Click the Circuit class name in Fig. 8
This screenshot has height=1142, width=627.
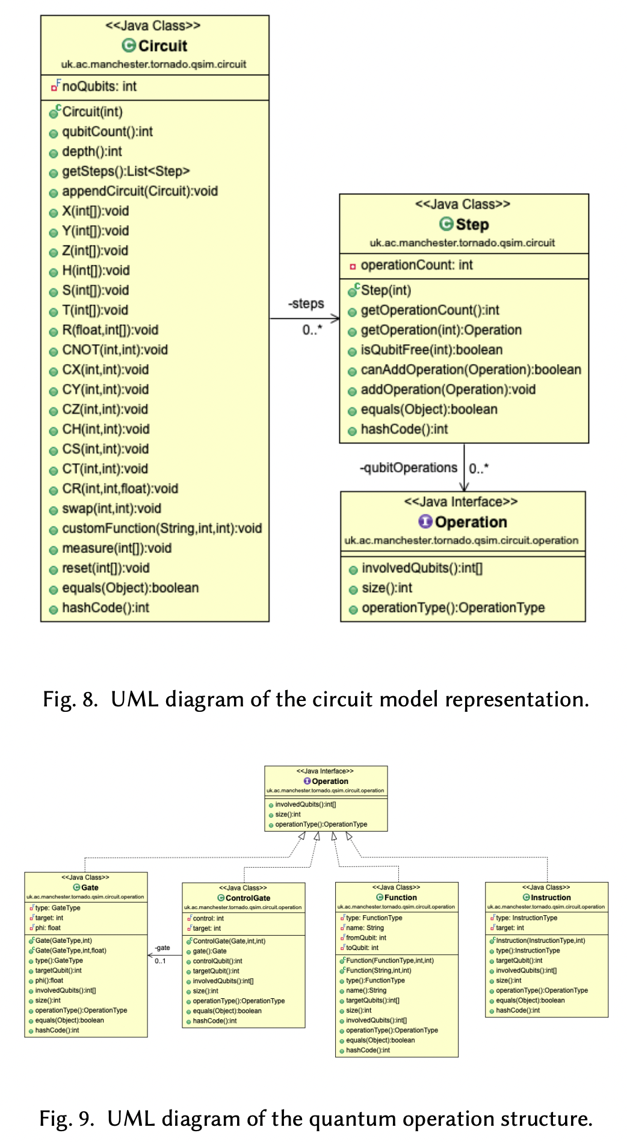(162, 46)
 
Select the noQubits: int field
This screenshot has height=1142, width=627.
(99, 86)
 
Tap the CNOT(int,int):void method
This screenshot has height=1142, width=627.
(114, 350)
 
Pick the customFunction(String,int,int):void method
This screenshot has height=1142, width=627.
(161, 528)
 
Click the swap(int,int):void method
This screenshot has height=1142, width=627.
(111, 508)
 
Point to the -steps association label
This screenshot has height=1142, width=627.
(306, 304)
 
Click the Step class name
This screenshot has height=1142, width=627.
(472, 224)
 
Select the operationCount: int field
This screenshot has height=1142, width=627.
(416, 265)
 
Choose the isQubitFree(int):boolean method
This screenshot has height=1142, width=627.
(431, 350)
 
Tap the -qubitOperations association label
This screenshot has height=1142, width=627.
(409, 468)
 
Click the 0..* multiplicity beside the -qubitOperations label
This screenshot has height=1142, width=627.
(479, 468)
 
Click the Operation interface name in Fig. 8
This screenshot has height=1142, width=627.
(471, 522)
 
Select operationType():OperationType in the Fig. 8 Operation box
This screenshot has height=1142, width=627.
(452, 608)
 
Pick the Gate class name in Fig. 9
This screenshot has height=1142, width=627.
(90, 887)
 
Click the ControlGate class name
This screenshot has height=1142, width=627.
(247, 898)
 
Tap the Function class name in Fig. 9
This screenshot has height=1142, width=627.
(400, 897)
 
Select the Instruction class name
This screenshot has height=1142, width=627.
(550, 897)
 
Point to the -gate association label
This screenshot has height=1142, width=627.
(162, 948)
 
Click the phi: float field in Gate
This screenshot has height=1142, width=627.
(48, 928)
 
